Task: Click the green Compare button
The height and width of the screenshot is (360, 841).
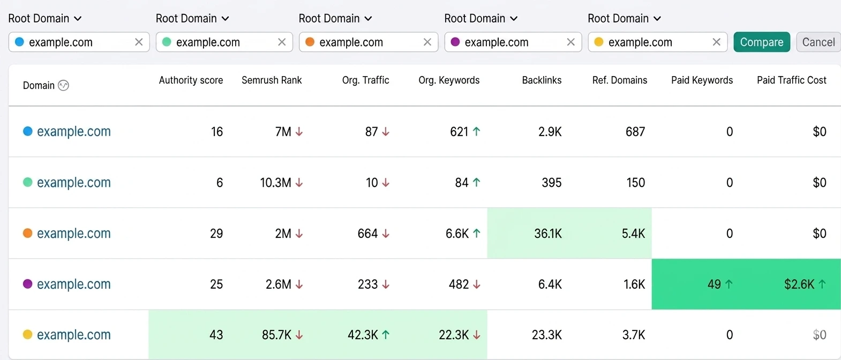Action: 762,42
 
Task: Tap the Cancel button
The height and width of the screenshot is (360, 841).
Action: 818,42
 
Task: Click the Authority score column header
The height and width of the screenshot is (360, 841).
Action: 191,80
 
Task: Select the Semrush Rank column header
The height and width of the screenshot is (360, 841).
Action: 272,80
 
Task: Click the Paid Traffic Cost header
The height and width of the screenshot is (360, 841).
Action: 791,80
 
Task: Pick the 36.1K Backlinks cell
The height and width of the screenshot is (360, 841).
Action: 547,234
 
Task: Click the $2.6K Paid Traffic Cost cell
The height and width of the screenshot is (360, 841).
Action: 799,284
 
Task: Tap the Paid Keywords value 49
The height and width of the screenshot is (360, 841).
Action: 714,284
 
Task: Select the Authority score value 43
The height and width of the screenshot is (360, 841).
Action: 216,335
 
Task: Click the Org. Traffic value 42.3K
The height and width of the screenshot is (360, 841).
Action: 363,335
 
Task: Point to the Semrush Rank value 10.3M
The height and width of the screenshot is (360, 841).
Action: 275,183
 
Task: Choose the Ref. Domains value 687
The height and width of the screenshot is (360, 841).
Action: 635,132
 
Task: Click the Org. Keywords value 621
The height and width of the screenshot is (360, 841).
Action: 459,132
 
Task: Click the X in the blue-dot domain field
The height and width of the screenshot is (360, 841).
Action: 139,42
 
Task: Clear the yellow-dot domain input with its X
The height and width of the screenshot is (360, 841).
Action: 716,42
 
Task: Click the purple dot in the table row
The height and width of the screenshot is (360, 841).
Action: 28,284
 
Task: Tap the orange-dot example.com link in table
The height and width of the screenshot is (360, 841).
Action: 73,234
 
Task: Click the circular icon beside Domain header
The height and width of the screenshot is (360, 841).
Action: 63,86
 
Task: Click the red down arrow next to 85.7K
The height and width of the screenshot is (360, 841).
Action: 299,335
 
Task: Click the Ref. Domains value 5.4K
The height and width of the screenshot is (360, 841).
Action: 633,234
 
